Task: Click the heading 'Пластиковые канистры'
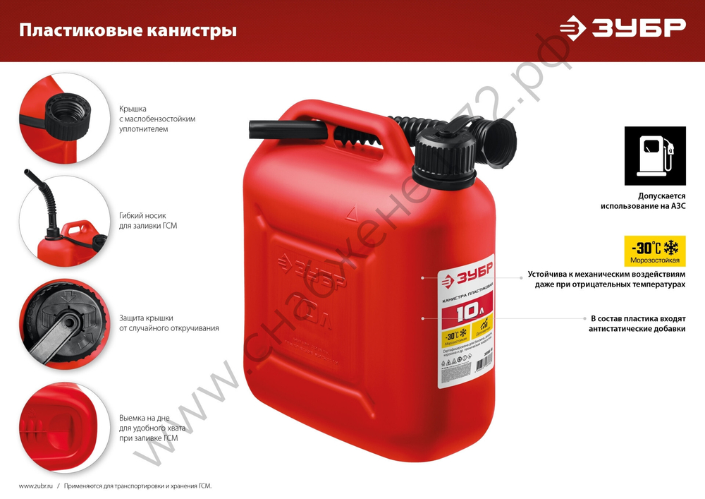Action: [128, 31]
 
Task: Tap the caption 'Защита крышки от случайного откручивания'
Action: [169, 323]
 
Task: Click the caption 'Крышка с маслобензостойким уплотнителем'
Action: [157, 119]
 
